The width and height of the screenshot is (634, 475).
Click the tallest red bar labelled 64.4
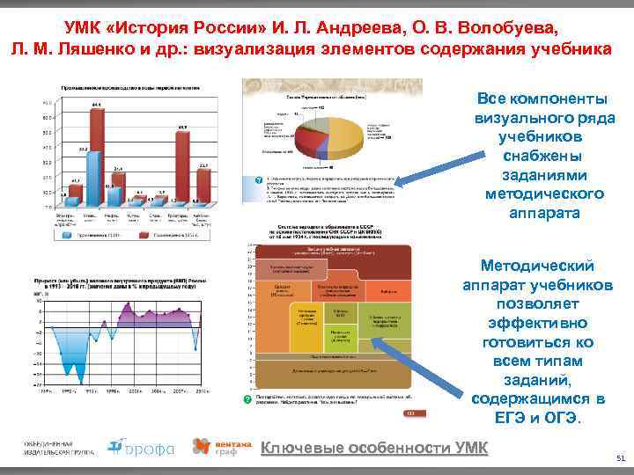95,157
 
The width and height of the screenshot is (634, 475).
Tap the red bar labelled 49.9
182,171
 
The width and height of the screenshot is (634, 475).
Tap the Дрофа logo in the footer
140,448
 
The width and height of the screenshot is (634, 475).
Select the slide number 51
621,458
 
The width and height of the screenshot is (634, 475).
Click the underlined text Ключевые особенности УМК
374,448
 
